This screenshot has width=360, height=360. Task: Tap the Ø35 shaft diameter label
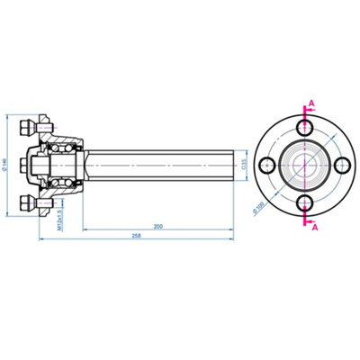click(245, 166)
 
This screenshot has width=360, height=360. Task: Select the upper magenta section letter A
click(312, 104)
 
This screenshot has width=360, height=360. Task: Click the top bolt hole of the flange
click(306, 128)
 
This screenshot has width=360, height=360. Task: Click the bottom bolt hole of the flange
click(306, 204)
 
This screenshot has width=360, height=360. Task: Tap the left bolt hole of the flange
click(267, 166)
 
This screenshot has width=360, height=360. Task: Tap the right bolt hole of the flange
click(344, 166)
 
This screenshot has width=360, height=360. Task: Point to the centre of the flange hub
click(306, 166)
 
